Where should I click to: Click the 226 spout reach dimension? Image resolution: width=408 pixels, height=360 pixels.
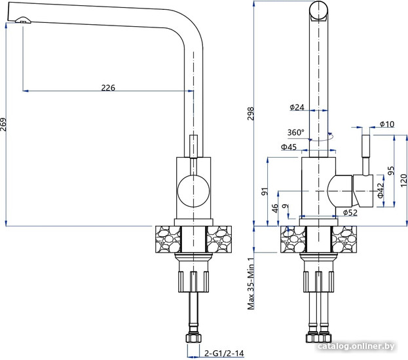click(x=109, y=88)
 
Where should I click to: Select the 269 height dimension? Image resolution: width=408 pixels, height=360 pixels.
click(x=5, y=124)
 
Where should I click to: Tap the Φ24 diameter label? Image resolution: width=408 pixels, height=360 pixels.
click(x=297, y=107)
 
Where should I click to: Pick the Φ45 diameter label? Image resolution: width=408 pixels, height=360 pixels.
click(x=289, y=147)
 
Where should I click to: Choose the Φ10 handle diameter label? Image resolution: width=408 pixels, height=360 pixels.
click(x=386, y=124)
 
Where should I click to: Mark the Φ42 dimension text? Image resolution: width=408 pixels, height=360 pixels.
click(x=380, y=190)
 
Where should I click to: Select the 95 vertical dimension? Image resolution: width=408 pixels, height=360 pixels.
click(x=391, y=173)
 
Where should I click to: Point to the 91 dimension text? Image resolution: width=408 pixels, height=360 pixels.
click(x=265, y=191)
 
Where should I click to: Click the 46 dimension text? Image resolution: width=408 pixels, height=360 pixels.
click(x=275, y=208)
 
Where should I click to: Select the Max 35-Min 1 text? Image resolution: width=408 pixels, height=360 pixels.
click(x=250, y=283)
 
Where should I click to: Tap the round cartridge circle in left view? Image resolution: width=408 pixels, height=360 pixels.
click(x=193, y=191)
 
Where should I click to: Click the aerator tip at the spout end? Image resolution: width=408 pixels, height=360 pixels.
click(x=23, y=20)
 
